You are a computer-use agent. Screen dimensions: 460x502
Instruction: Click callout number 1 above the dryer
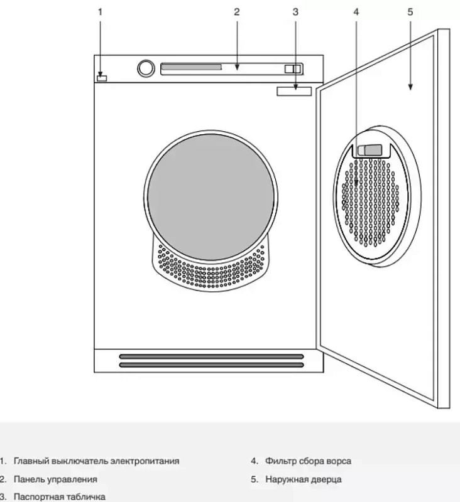click(100, 12)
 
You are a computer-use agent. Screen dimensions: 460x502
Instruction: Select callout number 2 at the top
click(236, 12)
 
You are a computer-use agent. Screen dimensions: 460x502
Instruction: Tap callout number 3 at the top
click(295, 12)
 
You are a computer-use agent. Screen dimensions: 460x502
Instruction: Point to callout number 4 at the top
click(356, 12)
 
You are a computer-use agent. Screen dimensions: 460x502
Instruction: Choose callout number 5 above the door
click(410, 12)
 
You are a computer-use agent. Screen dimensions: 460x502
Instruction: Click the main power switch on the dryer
click(102, 78)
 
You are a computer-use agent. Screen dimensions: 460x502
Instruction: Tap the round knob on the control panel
click(146, 68)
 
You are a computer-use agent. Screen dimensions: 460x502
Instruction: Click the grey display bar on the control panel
click(192, 67)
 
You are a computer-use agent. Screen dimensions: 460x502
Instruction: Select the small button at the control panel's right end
click(293, 69)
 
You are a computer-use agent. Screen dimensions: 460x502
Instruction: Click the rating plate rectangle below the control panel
click(294, 91)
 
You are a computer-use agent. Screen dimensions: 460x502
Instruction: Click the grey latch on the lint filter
click(370, 150)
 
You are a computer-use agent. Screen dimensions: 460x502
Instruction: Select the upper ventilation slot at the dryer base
click(211, 356)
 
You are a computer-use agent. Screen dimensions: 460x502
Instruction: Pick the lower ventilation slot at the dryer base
click(211, 365)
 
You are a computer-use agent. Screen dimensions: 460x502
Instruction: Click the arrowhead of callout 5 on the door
click(410, 87)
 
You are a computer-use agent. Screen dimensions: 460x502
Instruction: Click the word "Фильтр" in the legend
click(280, 461)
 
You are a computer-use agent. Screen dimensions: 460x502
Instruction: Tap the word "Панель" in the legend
click(30, 479)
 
